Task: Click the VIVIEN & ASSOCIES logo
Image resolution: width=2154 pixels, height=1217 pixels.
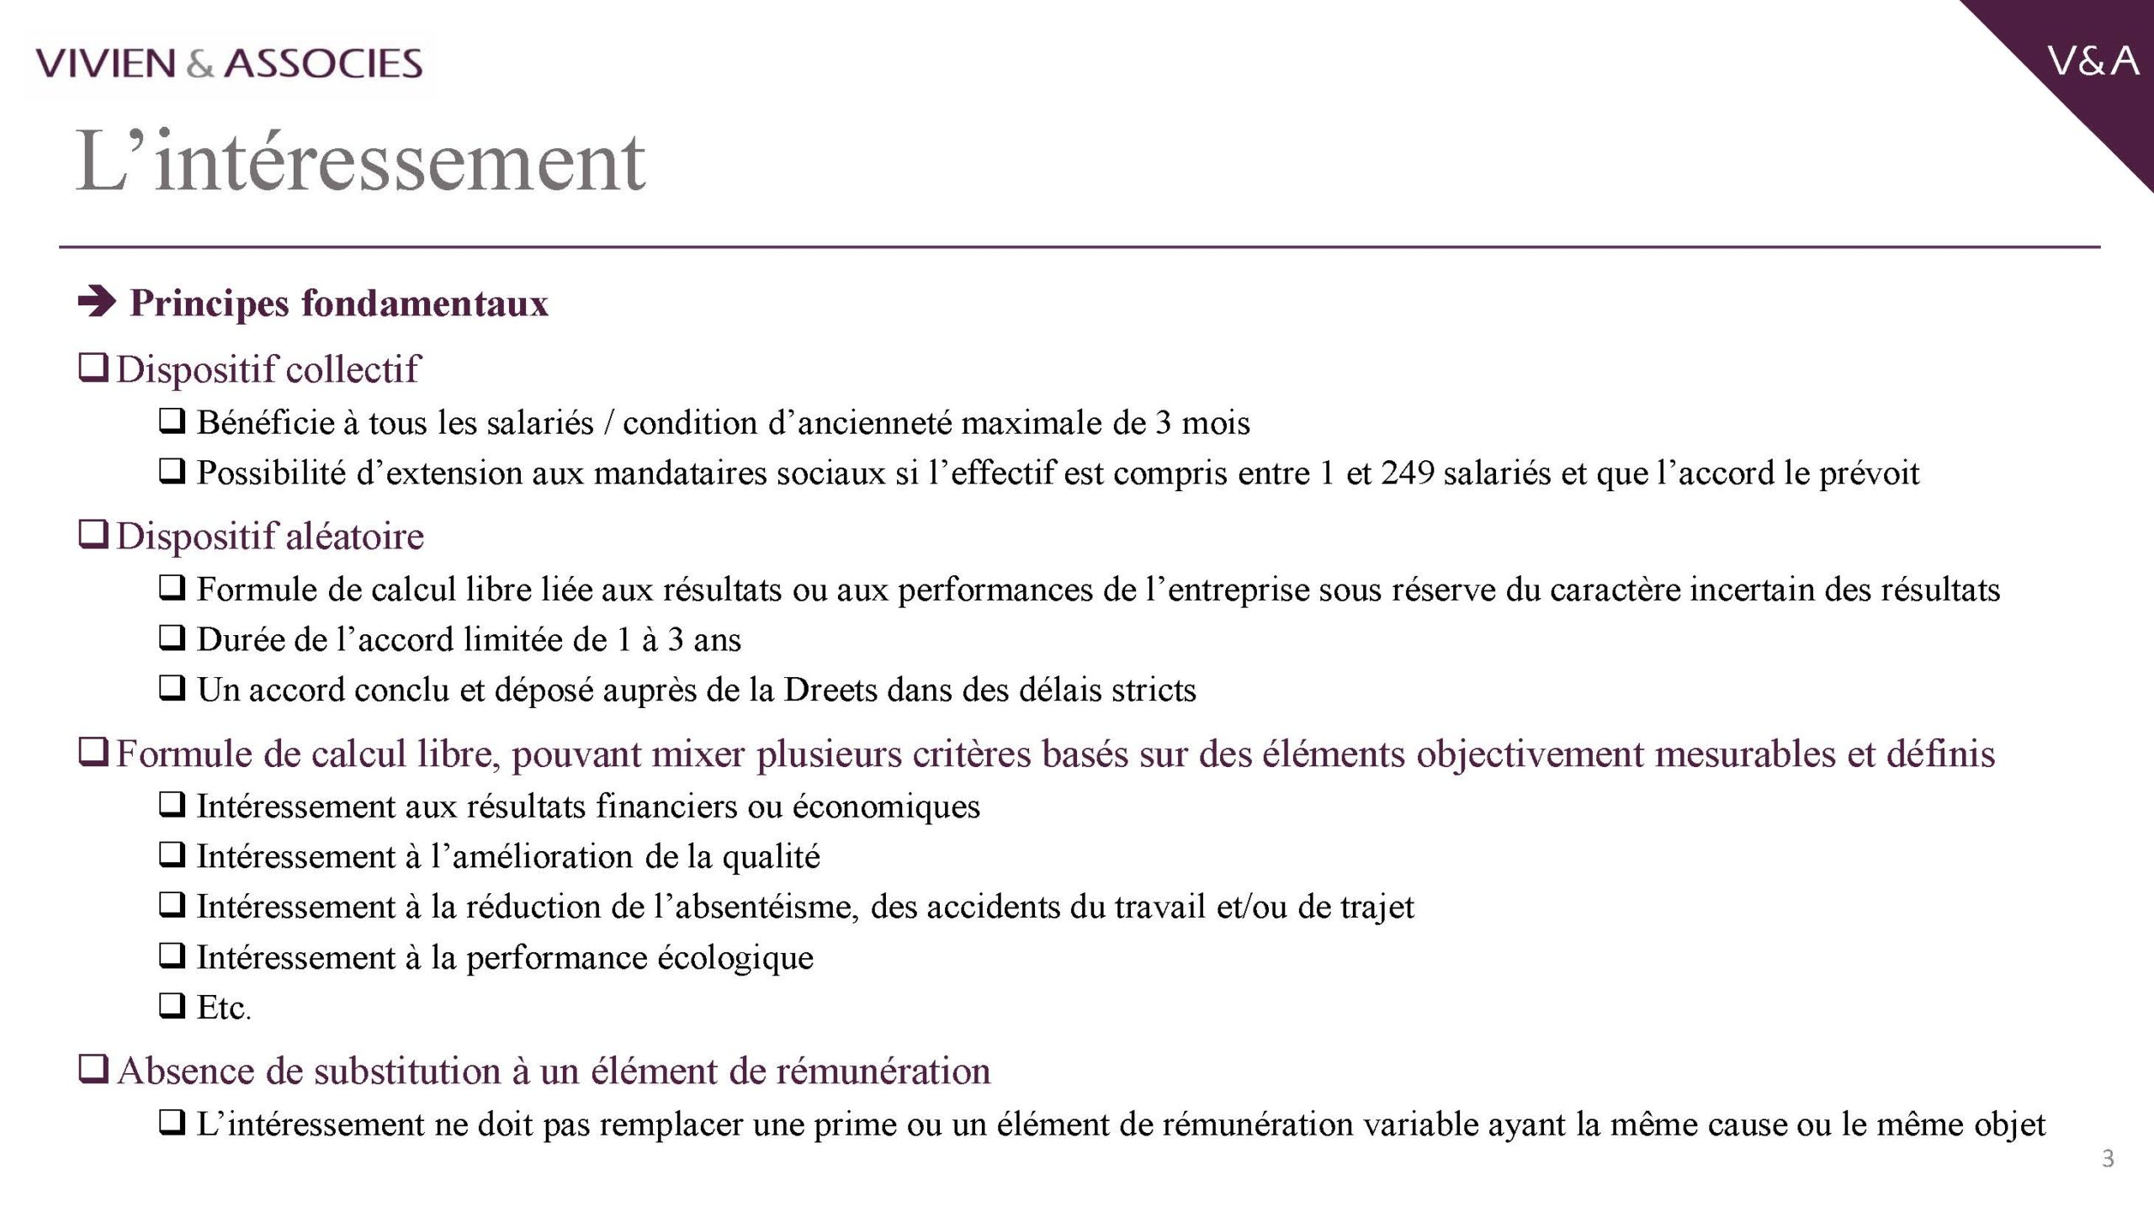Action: point(229,64)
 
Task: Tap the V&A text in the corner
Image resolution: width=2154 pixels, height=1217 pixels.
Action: point(2093,61)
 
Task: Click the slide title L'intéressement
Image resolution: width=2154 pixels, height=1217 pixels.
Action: point(360,161)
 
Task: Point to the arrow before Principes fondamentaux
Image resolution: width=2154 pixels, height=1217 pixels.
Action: point(97,303)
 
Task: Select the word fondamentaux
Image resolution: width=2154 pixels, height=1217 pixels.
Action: point(424,304)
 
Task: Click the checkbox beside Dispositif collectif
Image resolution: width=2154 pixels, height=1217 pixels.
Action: point(93,368)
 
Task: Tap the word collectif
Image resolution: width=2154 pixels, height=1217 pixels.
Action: point(352,369)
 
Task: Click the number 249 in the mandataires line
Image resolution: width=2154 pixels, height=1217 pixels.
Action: point(1407,473)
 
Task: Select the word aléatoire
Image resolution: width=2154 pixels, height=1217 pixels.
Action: point(354,536)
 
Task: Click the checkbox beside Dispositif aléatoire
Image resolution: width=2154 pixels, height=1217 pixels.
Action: point(93,535)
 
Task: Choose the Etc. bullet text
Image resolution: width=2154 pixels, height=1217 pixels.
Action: point(224,1008)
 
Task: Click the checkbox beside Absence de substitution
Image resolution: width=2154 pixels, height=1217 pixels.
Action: point(93,1071)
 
